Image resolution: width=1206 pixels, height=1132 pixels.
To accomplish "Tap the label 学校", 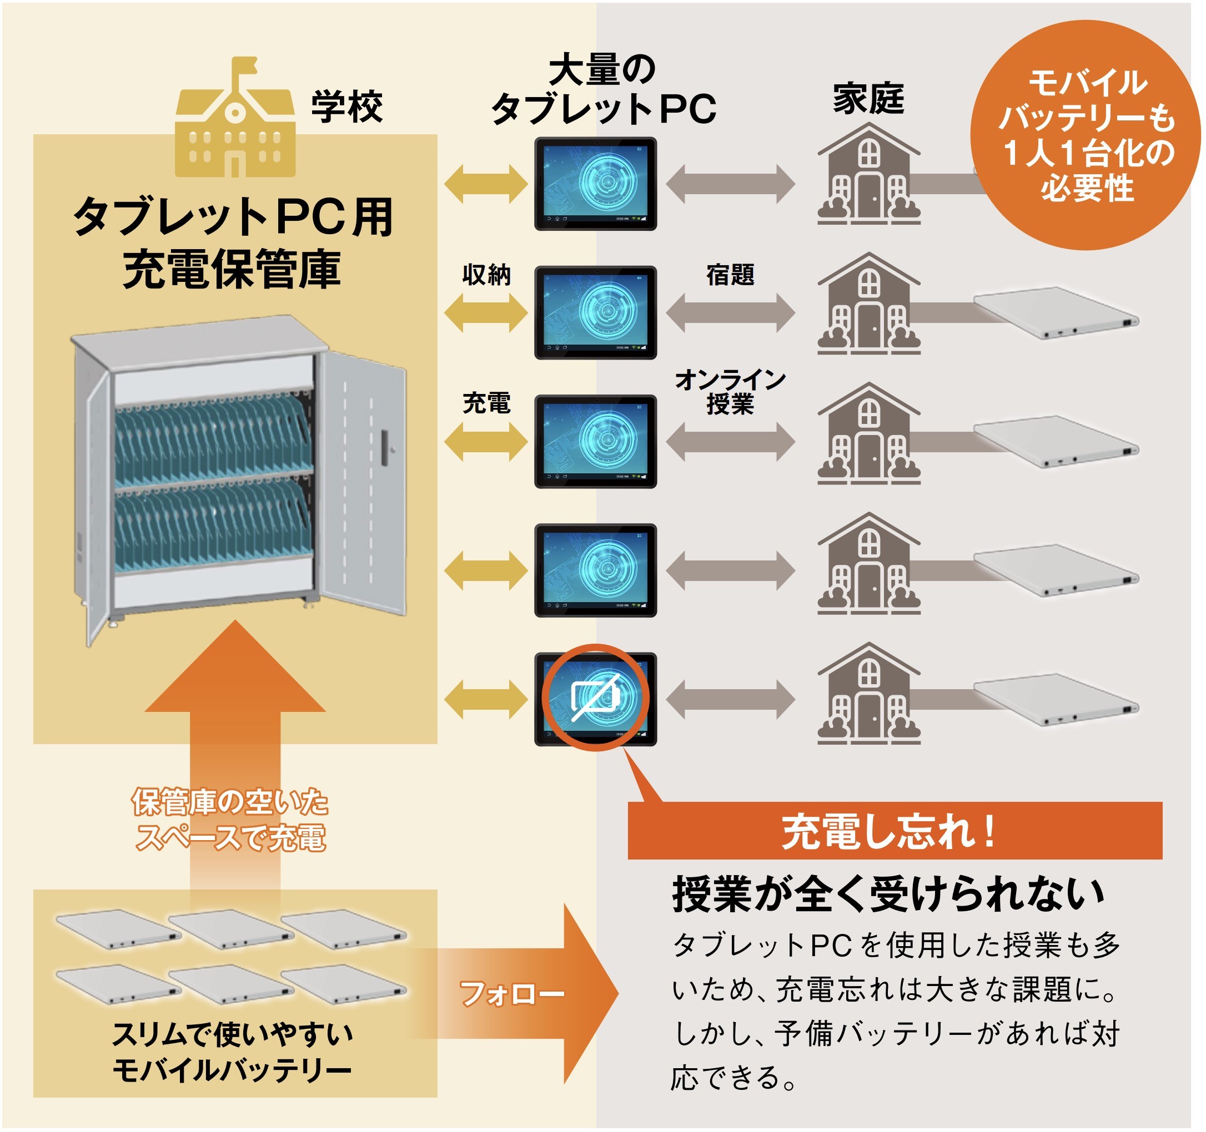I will point(347,107).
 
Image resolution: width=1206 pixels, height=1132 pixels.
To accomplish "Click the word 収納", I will point(486,275).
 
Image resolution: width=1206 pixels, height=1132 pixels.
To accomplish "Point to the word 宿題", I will point(730,275).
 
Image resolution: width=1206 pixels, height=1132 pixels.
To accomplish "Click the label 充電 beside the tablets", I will point(486,403).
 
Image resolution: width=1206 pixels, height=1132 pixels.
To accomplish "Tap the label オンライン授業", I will point(730,392).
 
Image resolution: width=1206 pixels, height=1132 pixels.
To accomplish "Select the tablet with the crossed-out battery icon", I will point(595,699).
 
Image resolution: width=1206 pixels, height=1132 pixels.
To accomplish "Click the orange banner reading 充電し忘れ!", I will point(895,831).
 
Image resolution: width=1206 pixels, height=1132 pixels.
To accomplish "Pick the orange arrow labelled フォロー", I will point(522,994).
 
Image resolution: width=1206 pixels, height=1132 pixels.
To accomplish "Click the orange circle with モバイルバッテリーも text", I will point(1086,135).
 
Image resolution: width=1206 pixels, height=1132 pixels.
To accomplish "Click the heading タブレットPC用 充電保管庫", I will point(233,242).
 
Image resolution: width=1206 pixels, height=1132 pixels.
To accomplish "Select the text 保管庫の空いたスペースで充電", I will point(230,820).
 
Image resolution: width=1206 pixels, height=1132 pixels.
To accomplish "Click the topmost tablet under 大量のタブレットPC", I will point(595,184).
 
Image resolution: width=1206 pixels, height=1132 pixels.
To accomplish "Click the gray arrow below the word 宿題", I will point(730,313).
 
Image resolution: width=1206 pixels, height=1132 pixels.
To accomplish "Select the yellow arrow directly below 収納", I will point(486,313).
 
